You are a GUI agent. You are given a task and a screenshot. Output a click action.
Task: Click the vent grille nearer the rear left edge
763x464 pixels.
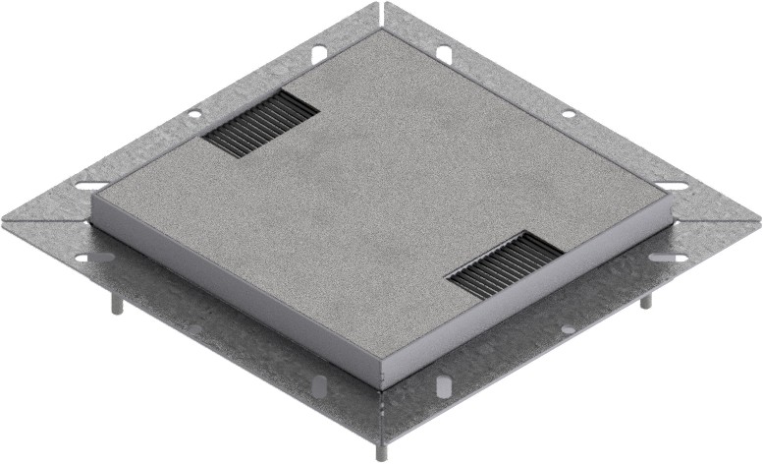[x=260, y=123]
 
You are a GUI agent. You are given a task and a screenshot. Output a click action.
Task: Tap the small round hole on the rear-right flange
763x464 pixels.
[x=568, y=114]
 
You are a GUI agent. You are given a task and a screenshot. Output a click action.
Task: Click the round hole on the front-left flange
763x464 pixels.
[x=193, y=330]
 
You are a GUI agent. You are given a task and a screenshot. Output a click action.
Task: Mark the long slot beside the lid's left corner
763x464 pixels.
[x=90, y=186]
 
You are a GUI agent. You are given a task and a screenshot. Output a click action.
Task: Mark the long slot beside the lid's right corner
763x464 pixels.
[x=674, y=187]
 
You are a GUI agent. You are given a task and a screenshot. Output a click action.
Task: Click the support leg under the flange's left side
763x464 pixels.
[x=118, y=305]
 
